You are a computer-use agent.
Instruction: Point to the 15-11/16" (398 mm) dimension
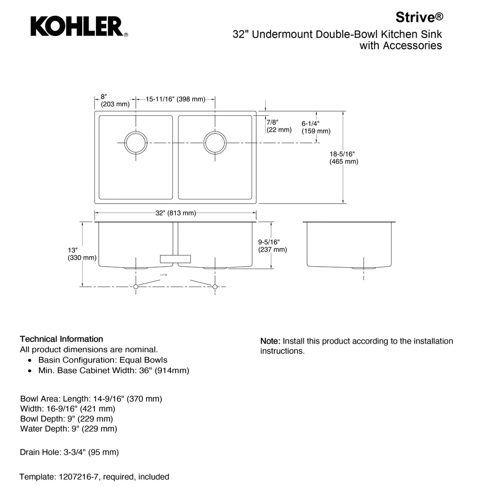(175, 99)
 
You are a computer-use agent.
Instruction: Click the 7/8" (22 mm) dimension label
(279, 126)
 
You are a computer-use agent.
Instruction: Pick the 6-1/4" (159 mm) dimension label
(316, 127)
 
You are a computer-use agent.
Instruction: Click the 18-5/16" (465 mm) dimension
(344, 158)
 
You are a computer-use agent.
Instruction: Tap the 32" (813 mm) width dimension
(176, 213)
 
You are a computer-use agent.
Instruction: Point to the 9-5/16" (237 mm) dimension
(272, 245)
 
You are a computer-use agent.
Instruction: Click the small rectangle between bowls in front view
(176, 259)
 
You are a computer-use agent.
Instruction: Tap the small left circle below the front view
(136, 287)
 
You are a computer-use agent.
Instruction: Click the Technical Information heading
(61, 339)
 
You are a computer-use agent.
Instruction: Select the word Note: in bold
(271, 341)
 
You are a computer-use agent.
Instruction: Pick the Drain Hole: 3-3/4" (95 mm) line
(69, 452)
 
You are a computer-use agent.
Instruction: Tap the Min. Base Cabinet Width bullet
(113, 370)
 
